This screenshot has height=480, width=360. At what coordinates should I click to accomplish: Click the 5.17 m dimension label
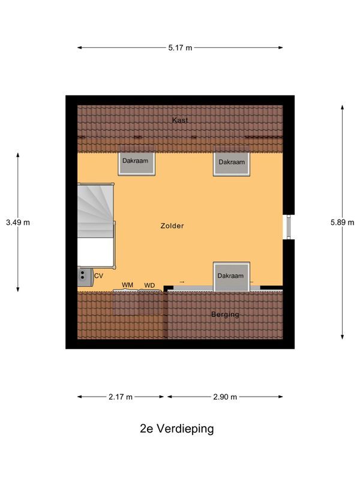pos(180,47)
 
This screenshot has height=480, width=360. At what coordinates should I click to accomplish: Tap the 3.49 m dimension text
pos(17,223)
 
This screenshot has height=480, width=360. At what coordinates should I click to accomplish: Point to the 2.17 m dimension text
pos(121,397)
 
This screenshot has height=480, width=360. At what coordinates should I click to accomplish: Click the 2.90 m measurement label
pos(226,397)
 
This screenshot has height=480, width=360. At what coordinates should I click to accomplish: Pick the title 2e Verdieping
pos(176,429)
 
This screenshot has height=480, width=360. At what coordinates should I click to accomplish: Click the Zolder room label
pos(172,226)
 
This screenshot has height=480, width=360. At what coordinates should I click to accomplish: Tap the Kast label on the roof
pos(180,121)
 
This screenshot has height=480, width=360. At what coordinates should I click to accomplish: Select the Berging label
pos(225,314)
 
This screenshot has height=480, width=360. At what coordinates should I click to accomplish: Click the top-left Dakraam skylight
pos(136,163)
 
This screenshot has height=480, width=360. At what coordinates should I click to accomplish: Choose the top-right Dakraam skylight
pos(232,163)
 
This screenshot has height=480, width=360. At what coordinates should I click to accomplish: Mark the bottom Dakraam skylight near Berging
pos(232,277)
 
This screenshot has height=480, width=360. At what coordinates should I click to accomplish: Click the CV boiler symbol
pos(82,276)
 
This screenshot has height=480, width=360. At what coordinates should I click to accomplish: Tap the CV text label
pos(99,276)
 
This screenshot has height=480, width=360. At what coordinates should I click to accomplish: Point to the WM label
pos(128,284)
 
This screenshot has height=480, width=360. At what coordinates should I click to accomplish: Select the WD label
pos(149,284)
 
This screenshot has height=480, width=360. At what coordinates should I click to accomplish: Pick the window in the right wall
pos(287,226)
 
